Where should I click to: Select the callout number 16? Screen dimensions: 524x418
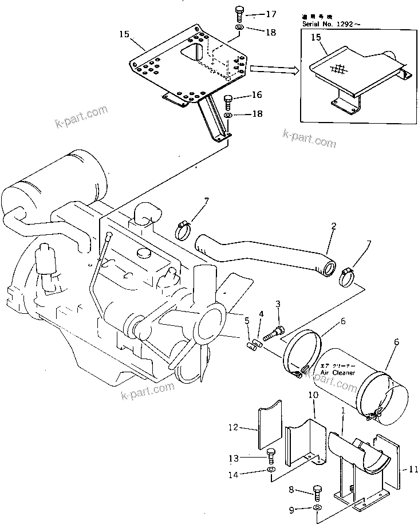click(x=257, y=95)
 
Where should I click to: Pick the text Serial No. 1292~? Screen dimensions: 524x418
click(x=329, y=25)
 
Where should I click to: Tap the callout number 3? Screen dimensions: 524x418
click(x=278, y=303)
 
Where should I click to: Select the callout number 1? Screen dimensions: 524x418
click(x=343, y=411)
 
